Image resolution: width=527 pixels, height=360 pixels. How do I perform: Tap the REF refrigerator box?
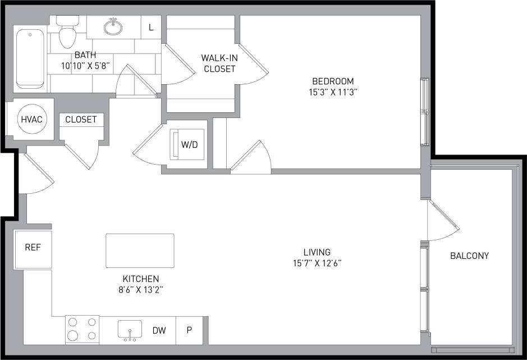click(x=33, y=248)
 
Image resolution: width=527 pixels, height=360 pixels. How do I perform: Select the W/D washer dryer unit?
click(x=189, y=144)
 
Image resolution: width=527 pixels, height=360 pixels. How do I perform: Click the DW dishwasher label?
click(x=159, y=330)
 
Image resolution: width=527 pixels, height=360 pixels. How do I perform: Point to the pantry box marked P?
click(x=189, y=330)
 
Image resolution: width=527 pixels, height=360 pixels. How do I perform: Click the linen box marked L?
click(x=151, y=27)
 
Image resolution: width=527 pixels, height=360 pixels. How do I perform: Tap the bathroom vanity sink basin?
click(x=113, y=26)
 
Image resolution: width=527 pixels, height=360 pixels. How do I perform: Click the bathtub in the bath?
click(x=30, y=59)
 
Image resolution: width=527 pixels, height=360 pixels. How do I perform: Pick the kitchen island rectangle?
click(x=140, y=250)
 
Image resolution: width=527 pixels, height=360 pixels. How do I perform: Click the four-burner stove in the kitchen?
click(x=82, y=329)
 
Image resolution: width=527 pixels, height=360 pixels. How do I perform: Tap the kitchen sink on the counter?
click(x=130, y=330)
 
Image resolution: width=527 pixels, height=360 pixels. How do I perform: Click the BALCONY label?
click(x=469, y=256)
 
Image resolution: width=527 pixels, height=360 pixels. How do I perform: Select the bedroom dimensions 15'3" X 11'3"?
click(x=333, y=92)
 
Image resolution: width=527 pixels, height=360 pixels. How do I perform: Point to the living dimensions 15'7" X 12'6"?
click(x=317, y=263)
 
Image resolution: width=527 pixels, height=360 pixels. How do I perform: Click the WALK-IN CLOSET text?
click(x=219, y=63)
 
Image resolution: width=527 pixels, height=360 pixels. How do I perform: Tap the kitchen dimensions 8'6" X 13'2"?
click(x=140, y=290)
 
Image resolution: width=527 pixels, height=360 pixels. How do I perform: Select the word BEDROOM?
click(x=333, y=81)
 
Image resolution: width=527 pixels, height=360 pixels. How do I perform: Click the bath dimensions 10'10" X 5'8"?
click(x=85, y=66)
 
